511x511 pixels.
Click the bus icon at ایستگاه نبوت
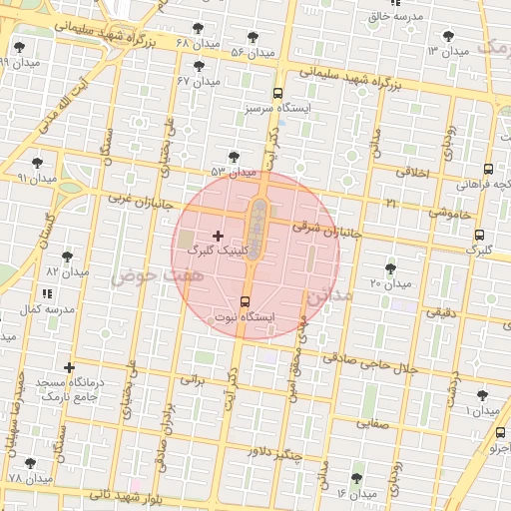(x=246, y=301)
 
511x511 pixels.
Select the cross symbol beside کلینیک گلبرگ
(x=219, y=236)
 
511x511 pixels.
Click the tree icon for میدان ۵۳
(x=233, y=157)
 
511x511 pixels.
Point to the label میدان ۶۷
(x=198, y=81)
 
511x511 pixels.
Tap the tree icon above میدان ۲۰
(x=390, y=268)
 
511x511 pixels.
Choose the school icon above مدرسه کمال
(x=47, y=293)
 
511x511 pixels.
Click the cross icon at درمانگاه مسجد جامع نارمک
(x=69, y=368)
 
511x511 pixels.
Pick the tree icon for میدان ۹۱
(x=38, y=162)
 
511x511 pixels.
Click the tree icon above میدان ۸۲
(x=68, y=256)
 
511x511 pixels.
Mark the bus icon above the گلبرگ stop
(x=480, y=236)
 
